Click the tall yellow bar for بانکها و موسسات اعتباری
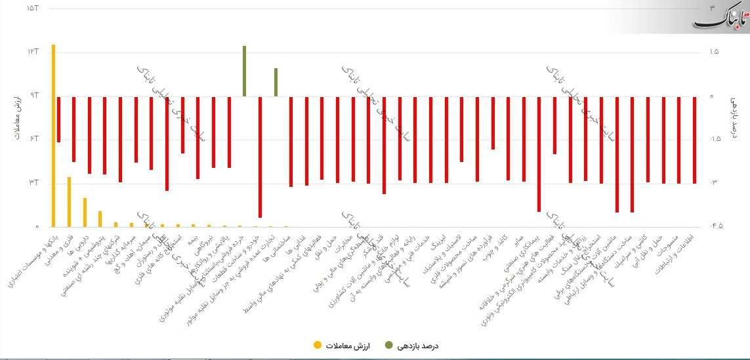click(x=53, y=135)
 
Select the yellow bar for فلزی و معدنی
click(x=69, y=202)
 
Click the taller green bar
click(x=245, y=71)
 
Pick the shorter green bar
click(x=276, y=82)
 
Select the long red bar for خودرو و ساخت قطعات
click(x=260, y=157)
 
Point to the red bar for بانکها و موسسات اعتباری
click(x=58, y=119)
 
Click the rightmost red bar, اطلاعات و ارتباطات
click(x=694, y=140)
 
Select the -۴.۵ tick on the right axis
click(x=715, y=227)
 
